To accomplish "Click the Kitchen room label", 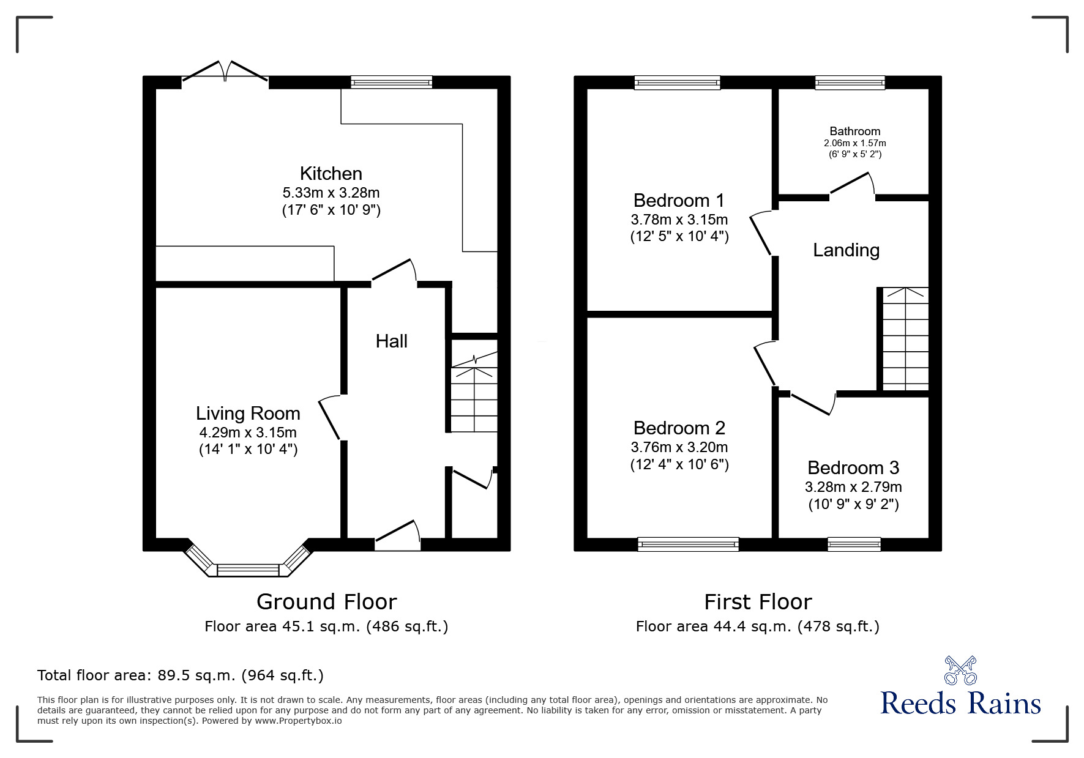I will (x=331, y=173).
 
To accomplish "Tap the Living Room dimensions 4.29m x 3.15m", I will (x=248, y=433).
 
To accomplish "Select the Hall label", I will (x=391, y=341).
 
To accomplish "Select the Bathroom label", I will (x=854, y=131).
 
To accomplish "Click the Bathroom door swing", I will (x=852, y=185).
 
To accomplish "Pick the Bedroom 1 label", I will (x=679, y=200).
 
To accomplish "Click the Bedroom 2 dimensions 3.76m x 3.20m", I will (x=679, y=447).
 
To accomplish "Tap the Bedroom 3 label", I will (x=853, y=468).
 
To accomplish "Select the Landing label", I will (x=846, y=250).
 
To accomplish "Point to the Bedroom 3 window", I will (x=854, y=544).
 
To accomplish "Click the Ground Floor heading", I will (x=326, y=602).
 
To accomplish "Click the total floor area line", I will (x=181, y=675).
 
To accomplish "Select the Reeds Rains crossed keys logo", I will (x=960, y=671).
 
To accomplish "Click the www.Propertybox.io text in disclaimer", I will (x=298, y=721).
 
